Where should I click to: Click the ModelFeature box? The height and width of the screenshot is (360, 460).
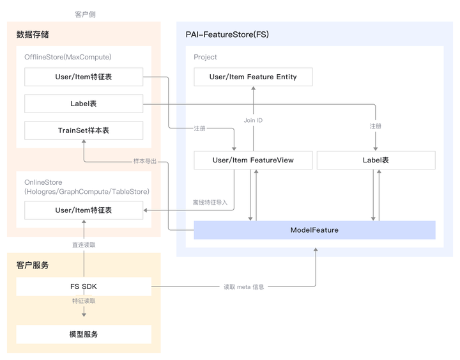point(314,230)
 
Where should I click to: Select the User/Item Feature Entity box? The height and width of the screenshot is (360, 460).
point(253,77)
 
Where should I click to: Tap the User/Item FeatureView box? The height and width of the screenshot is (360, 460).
point(253,160)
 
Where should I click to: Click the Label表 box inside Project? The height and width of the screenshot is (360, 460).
point(376,160)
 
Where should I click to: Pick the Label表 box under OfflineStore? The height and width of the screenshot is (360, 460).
point(84,104)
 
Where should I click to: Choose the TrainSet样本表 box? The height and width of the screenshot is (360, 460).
point(84,130)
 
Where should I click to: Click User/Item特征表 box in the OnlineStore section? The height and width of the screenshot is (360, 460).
point(84,210)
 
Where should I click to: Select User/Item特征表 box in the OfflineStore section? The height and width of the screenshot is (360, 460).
point(84,77)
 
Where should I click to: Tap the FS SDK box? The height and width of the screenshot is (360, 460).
point(84,286)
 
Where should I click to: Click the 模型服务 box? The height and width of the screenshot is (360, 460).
point(84,334)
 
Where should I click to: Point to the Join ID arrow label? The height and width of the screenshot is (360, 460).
point(253,120)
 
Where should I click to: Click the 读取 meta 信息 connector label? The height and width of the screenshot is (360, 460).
point(243,287)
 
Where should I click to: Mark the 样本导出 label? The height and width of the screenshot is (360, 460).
point(144,161)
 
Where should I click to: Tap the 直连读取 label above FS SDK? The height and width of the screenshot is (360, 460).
point(84,245)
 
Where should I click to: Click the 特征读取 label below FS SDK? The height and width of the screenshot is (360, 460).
point(84,301)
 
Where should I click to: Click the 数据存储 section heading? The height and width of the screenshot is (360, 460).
point(33,35)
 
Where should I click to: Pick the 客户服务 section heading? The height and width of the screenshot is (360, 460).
point(33,265)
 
